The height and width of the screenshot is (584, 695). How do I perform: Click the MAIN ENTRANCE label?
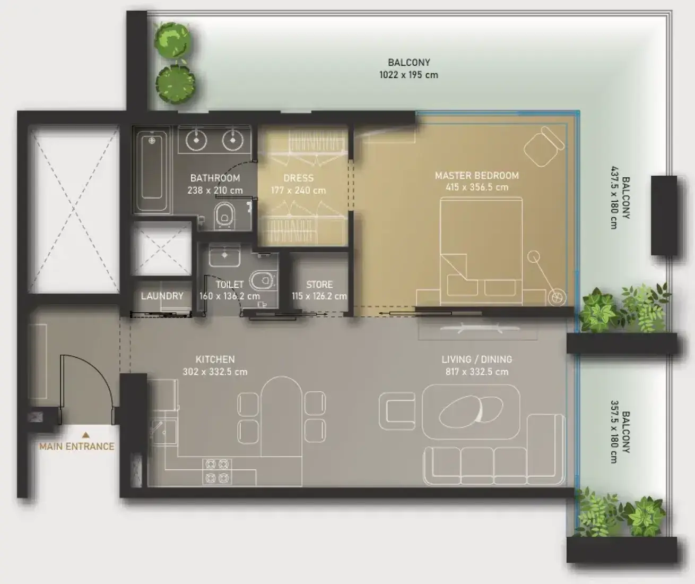click(76, 446)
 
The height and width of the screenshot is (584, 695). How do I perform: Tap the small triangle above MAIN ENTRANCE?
click(86, 435)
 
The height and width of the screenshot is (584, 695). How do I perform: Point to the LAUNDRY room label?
click(162, 296)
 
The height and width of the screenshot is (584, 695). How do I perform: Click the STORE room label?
click(319, 285)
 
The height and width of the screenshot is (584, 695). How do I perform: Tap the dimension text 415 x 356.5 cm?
click(477, 187)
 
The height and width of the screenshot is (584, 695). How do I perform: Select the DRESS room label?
click(299, 178)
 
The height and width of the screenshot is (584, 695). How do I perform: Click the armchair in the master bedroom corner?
click(544, 146)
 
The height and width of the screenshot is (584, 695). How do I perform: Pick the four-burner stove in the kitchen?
click(218, 471)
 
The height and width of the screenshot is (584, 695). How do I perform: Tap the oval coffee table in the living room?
click(471, 412)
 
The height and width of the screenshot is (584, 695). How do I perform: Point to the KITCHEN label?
click(215, 359)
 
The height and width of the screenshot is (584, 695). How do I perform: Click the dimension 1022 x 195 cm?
click(409, 75)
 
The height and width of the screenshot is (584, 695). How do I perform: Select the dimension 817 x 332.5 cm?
click(477, 372)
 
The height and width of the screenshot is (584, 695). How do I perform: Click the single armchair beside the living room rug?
click(397, 411)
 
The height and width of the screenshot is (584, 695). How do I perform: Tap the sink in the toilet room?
click(224, 256)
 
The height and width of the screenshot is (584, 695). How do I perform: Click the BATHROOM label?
click(215, 178)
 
